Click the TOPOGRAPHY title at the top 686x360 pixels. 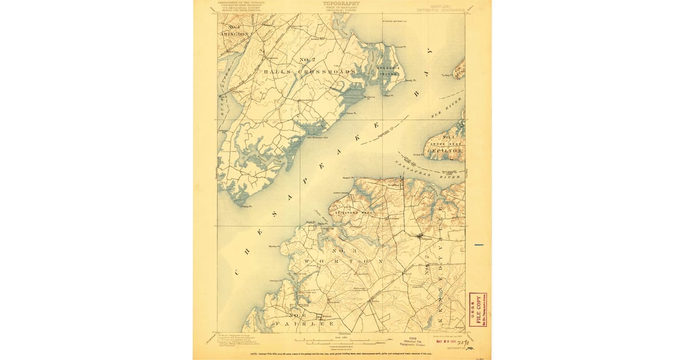point(342,3)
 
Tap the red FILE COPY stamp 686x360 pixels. point(478,309)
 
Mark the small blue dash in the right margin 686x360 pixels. point(478,245)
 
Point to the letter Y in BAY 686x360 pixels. point(431,52)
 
